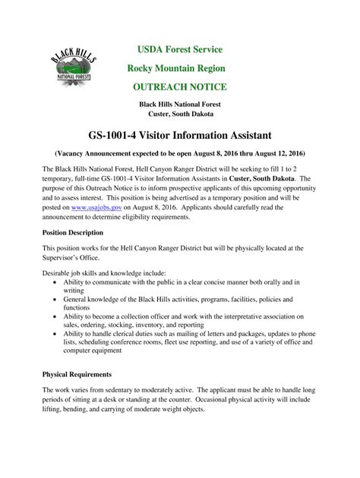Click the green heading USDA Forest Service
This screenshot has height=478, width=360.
[180, 50]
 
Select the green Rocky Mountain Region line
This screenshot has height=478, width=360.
[180, 68]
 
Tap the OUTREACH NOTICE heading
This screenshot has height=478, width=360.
[180, 87]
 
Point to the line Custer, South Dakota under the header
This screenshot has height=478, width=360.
[180, 114]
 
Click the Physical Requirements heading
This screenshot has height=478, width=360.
[77, 374]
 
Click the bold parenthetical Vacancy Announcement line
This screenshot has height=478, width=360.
[180, 153]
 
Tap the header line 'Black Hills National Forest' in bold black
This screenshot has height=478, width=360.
[180, 104]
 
